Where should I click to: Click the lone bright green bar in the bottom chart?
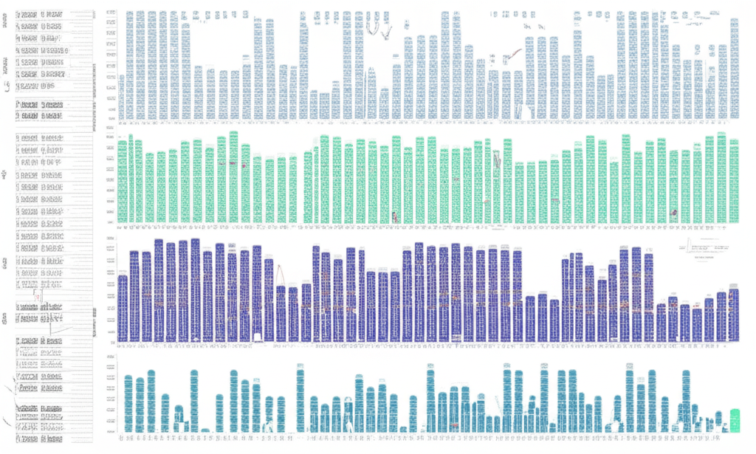coord(735,419)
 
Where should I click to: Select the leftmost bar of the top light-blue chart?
coord(121,96)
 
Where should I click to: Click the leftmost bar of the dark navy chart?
coord(123,307)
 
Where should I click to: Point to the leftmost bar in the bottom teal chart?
coord(128,403)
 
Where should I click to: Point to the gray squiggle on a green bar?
coord(497,158)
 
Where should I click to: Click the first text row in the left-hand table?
coord(44,13)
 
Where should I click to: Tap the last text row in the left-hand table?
coord(44,437)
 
